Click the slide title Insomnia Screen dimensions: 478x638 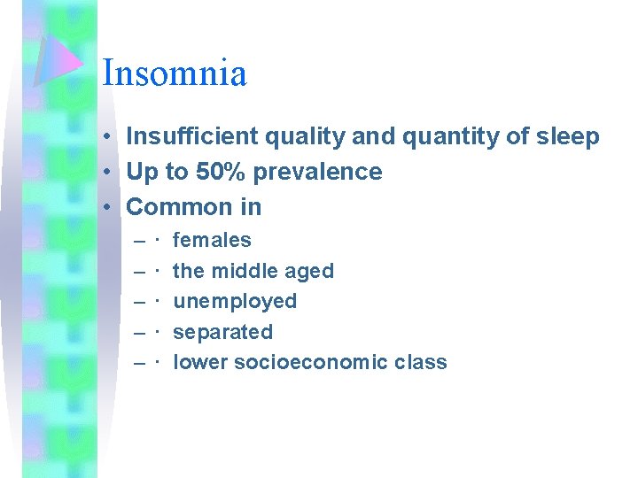(175, 73)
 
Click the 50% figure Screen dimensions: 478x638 (220, 172)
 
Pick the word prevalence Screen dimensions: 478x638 (317, 172)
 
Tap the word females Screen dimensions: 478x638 (212, 240)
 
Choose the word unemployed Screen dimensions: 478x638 (235, 301)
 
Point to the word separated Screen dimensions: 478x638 (222, 332)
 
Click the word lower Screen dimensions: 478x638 (198, 362)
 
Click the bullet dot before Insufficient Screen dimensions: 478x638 (105, 137)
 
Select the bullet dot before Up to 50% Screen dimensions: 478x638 (105, 173)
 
